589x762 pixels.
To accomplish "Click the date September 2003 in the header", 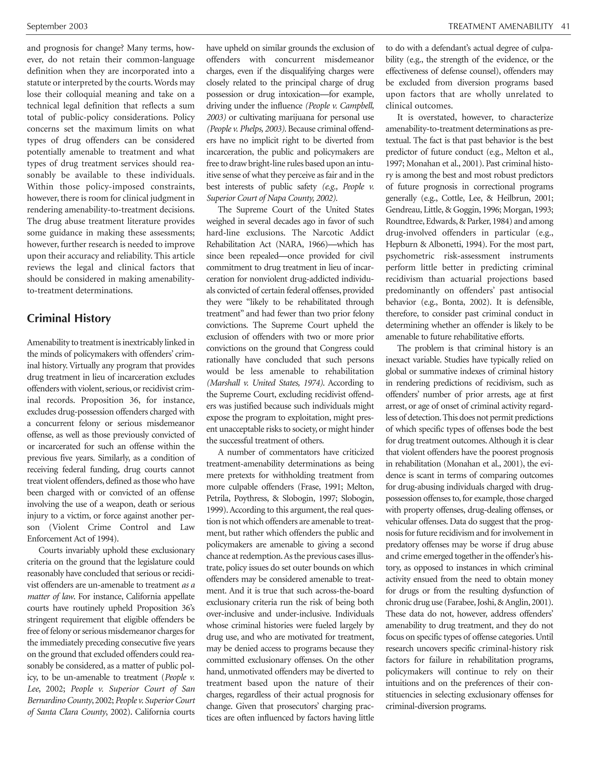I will (x=57, y=26).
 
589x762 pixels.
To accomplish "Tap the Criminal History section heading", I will (x=69, y=318).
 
